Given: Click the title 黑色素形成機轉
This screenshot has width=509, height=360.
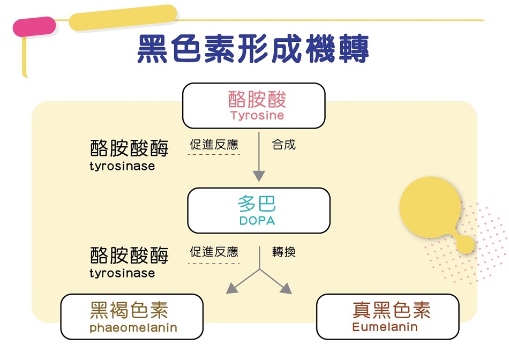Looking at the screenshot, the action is click(253, 49).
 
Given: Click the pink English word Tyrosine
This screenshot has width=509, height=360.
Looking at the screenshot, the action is click(257, 116).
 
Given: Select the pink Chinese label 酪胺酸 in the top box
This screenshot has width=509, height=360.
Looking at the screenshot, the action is click(257, 99).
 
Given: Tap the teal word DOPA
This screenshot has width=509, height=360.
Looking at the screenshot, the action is click(257, 221).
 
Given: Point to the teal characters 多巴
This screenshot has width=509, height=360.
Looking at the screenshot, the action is click(257, 204).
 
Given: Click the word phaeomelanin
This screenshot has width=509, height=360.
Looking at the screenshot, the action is click(133, 327).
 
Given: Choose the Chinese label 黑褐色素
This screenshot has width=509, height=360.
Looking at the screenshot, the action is click(129, 310).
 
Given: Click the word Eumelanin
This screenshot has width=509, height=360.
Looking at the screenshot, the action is click(385, 327).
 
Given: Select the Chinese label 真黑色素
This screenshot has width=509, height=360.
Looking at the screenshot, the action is click(392, 310).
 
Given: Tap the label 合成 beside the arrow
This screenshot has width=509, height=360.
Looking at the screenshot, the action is click(284, 145).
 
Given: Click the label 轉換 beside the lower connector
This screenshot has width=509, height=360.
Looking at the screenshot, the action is click(284, 252).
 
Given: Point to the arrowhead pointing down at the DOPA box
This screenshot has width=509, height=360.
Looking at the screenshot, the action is click(259, 176).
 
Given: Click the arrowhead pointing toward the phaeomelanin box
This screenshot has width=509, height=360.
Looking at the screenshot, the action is click(231, 288).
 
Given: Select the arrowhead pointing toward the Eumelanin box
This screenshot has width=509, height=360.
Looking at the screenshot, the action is click(286, 288).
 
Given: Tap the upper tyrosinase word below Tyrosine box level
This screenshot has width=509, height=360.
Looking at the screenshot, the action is click(122, 166).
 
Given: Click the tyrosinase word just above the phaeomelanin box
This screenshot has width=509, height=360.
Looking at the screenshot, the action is click(122, 273).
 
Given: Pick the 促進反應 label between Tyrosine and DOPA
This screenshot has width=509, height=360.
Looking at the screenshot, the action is click(214, 145).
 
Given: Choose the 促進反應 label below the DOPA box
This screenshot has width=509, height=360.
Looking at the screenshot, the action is click(214, 252).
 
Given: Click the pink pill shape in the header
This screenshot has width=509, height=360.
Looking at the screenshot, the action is click(34, 26).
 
